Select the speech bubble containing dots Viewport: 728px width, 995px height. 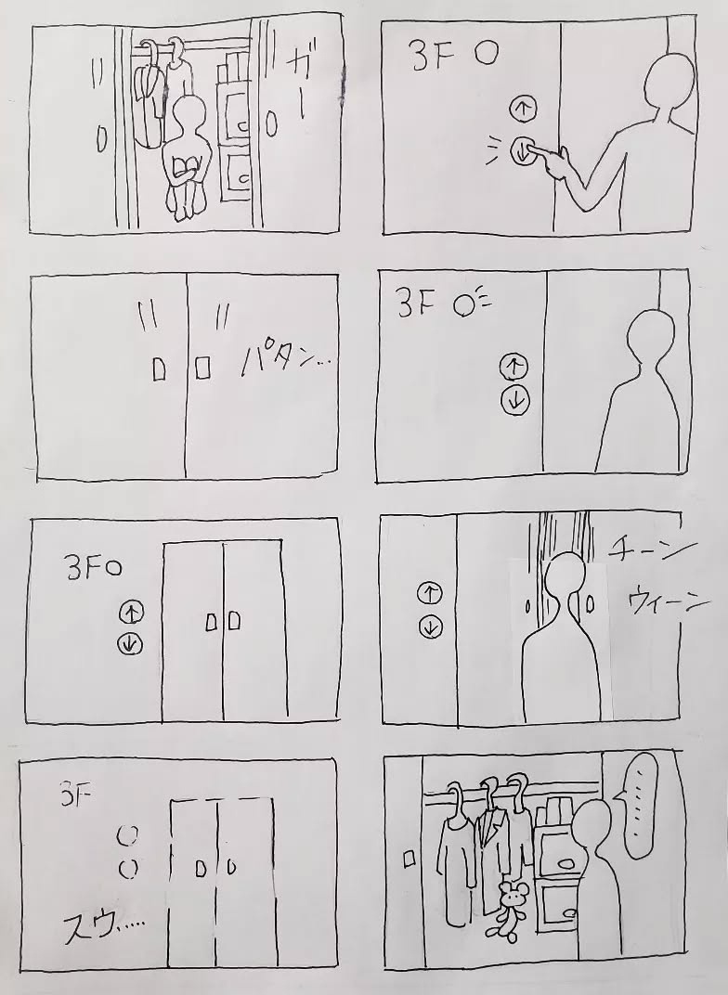click(x=643, y=807)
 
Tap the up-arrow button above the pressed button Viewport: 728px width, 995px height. click(x=522, y=110)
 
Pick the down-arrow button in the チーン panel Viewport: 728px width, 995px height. click(x=431, y=627)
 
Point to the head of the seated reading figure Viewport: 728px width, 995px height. click(x=191, y=116)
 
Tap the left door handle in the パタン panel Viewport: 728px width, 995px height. click(x=159, y=368)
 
